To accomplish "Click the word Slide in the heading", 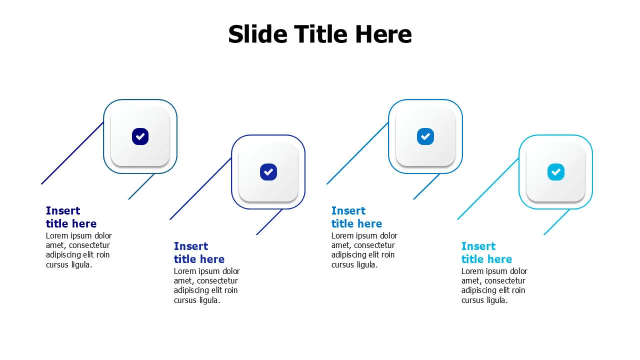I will (x=257, y=34).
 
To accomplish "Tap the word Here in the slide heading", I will (x=383, y=34).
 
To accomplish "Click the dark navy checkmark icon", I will (x=140, y=136).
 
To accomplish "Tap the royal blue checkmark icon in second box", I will (x=268, y=172).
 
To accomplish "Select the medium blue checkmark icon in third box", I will (x=425, y=136).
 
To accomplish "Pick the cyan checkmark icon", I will (x=555, y=172).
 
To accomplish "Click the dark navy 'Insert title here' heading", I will (x=71, y=217).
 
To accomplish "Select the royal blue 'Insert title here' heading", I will (x=199, y=252).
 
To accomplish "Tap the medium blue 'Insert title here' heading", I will (x=356, y=217).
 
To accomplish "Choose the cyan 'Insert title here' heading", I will (x=486, y=252).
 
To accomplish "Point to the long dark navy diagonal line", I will (x=72, y=153).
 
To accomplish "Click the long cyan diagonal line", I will (x=488, y=188).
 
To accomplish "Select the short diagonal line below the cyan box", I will (x=556, y=222).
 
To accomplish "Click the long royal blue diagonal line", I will (x=200, y=188).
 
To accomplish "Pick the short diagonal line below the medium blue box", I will (x=426, y=186).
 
